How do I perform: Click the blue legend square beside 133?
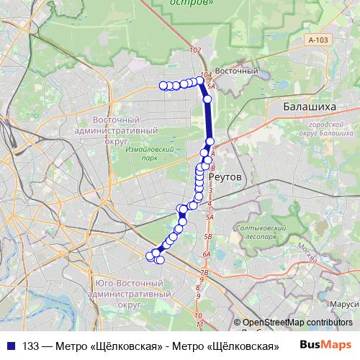pos(11,345)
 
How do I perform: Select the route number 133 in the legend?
pos(30,345)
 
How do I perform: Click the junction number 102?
pos(194,50)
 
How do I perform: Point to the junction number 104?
pos(205,74)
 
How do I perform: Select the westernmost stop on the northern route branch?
pos(163,86)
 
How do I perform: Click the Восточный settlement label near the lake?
pos(237,71)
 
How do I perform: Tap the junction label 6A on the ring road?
pos(207,254)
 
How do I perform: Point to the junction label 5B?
pos(208,235)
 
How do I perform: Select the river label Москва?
pos(307,252)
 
